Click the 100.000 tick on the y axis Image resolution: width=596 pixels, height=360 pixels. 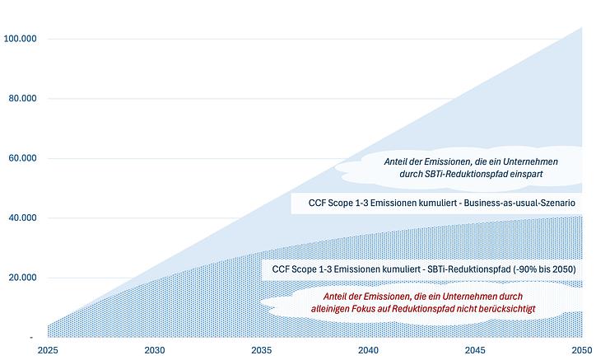tap(18, 39)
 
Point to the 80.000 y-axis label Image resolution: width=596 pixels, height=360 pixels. tap(20, 99)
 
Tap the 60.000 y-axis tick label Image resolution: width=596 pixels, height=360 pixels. tap(20, 158)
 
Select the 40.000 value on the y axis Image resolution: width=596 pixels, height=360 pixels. tap(20, 218)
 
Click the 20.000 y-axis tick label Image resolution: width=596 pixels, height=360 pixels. tap(20, 278)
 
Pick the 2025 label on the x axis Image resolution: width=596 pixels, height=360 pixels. tap(48, 350)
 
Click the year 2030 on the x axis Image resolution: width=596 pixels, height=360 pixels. tap(155, 350)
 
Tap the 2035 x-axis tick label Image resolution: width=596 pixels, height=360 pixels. tap(262, 350)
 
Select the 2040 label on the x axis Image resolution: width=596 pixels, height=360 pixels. tap(368, 350)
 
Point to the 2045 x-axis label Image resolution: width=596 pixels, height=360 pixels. tap(475, 350)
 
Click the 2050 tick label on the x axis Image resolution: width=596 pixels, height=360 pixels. tap(580, 350)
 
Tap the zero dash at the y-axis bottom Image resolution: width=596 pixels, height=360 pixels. tap(31, 337)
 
